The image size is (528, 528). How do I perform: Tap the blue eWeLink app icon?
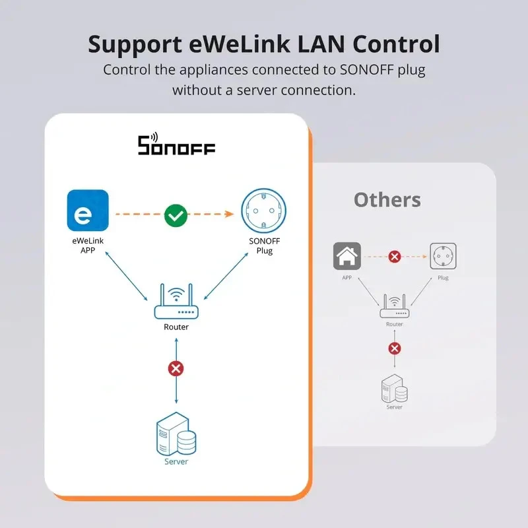tap(88, 211)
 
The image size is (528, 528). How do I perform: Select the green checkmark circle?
tap(176, 214)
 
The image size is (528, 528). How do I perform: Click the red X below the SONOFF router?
tap(176, 368)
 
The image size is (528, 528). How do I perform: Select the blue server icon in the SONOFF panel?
tap(176, 436)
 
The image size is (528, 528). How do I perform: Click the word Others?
tap(387, 200)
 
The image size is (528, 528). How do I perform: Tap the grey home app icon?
tap(346, 256)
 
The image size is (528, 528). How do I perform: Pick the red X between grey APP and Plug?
tap(395, 257)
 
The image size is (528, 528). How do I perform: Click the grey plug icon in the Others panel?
tap(443, 256)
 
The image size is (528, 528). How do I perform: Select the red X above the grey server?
tap(395, 348)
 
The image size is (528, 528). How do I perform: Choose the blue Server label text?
tap(176, 462)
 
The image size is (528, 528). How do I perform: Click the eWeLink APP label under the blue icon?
tap(88, 246)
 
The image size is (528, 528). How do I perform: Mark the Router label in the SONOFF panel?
tap(176, 327)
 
